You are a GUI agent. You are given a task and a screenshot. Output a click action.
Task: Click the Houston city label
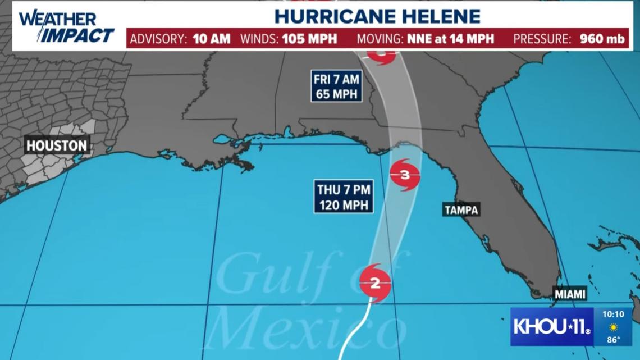pyautogui.click(x=57, y=145)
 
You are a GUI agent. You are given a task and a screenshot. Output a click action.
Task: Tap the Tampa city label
pyautogui.click(x=461, y=210)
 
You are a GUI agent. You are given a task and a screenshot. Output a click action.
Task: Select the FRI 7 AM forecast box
pyautogui.click(x=336, y=86)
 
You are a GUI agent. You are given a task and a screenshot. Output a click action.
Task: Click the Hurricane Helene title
pyautogui.click(x=377, y=16)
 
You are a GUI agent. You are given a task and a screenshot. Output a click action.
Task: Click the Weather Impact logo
pyautogui.click(x=66, y=26)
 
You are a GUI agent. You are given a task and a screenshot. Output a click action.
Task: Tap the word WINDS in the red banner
pyautogui.click(x=260, y=39)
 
